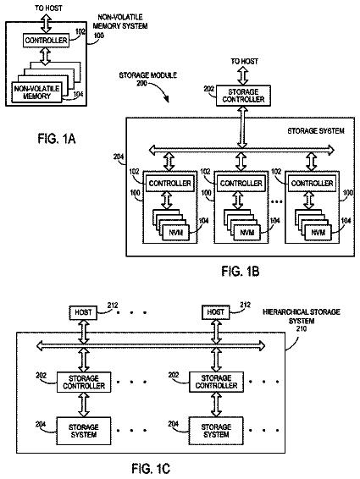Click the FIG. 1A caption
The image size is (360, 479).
pyautogui.click(x=57, y=139)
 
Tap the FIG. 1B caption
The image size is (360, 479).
pyautogui.click(x=241, y=271)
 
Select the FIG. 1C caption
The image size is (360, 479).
pyautogui.click(x=151, y=468)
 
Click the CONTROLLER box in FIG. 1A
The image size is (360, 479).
pyautogui.click(x=47, y=41)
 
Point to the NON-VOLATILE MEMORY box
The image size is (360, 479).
pyautogui.click(x=36, y=92)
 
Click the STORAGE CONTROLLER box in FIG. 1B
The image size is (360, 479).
pyautogui.click(x=243, y=96)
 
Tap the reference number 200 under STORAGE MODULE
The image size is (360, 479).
pyautogui.click(x=141, y=83)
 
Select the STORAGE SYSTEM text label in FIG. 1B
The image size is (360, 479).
pyautogui.click(x=316, y=130)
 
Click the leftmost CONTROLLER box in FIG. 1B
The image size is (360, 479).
pyautogui.click(x=169, y=184)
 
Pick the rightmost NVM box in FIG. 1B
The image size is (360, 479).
pyautogui.click(x=318, y=233)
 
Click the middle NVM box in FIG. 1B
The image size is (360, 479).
pyautogui.click(x=247, y=233)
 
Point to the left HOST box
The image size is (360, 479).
pyautogui.click(x=83, y=312)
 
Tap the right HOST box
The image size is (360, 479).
pyautogui.click(x=216, y=312)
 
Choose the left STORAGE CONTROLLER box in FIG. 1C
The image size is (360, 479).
pyautogui.click(x=84, y=383)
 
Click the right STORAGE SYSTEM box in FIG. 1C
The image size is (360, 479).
pyautogui.click(x=216, y=431)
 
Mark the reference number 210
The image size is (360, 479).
pyautogui.click(x=302, y=328)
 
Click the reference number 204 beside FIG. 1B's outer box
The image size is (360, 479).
pyautogui.click(x=119, y=157)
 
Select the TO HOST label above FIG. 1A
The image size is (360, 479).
pyautogui.click(x=48, y=8)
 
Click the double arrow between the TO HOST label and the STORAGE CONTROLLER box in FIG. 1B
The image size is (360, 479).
pyautogui.click(x=243, y=75)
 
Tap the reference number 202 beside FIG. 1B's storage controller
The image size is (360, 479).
pyautogui.click(x=209, y=89)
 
